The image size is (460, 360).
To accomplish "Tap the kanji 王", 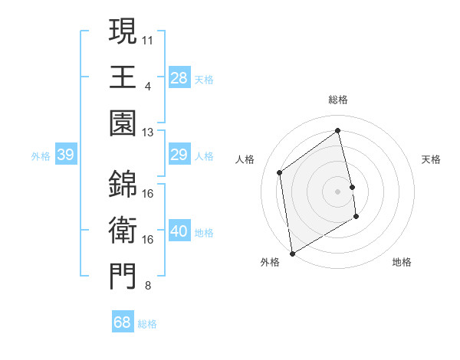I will (123, 77).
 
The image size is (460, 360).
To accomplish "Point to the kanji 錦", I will (123, 185).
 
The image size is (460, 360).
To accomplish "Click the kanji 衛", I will (123, 231).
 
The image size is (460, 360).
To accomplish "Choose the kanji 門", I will (123, 278).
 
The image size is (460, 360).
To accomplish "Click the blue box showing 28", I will (179, 77).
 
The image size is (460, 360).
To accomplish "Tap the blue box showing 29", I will (179, 155).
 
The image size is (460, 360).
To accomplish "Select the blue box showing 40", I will (179, 232).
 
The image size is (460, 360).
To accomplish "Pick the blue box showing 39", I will (65, 155).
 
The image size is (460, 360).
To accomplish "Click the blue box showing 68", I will (123, 322).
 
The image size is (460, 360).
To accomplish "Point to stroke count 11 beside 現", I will (148, 38).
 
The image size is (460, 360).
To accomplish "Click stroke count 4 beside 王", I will (147, 85).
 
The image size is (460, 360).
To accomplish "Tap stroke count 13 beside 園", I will (148, 133).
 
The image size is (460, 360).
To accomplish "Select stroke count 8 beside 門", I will (147, 286).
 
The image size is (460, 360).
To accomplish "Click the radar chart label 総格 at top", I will (338, 100).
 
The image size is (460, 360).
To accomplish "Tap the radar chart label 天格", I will (432, 159).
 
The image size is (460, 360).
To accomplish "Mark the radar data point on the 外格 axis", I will (292, 254).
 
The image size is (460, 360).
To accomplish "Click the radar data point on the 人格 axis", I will (280, 172).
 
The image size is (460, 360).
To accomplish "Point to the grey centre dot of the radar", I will (338, 191).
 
